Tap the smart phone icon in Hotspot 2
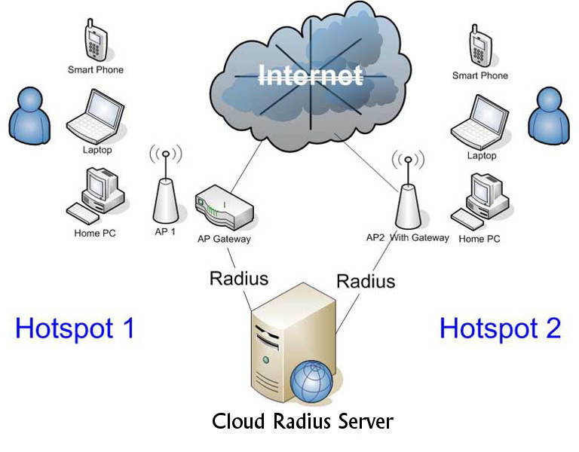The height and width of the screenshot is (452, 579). coord(479,45)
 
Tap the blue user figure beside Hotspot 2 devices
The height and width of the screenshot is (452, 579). coord(548,114)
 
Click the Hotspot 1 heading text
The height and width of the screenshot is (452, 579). coord(75,328)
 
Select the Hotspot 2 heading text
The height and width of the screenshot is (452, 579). coord(500,328)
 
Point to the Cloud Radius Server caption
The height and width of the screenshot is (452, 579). coord(302,420)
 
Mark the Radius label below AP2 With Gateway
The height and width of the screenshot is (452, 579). coord(366,281)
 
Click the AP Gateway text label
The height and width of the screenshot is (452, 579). coord(223,239)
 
